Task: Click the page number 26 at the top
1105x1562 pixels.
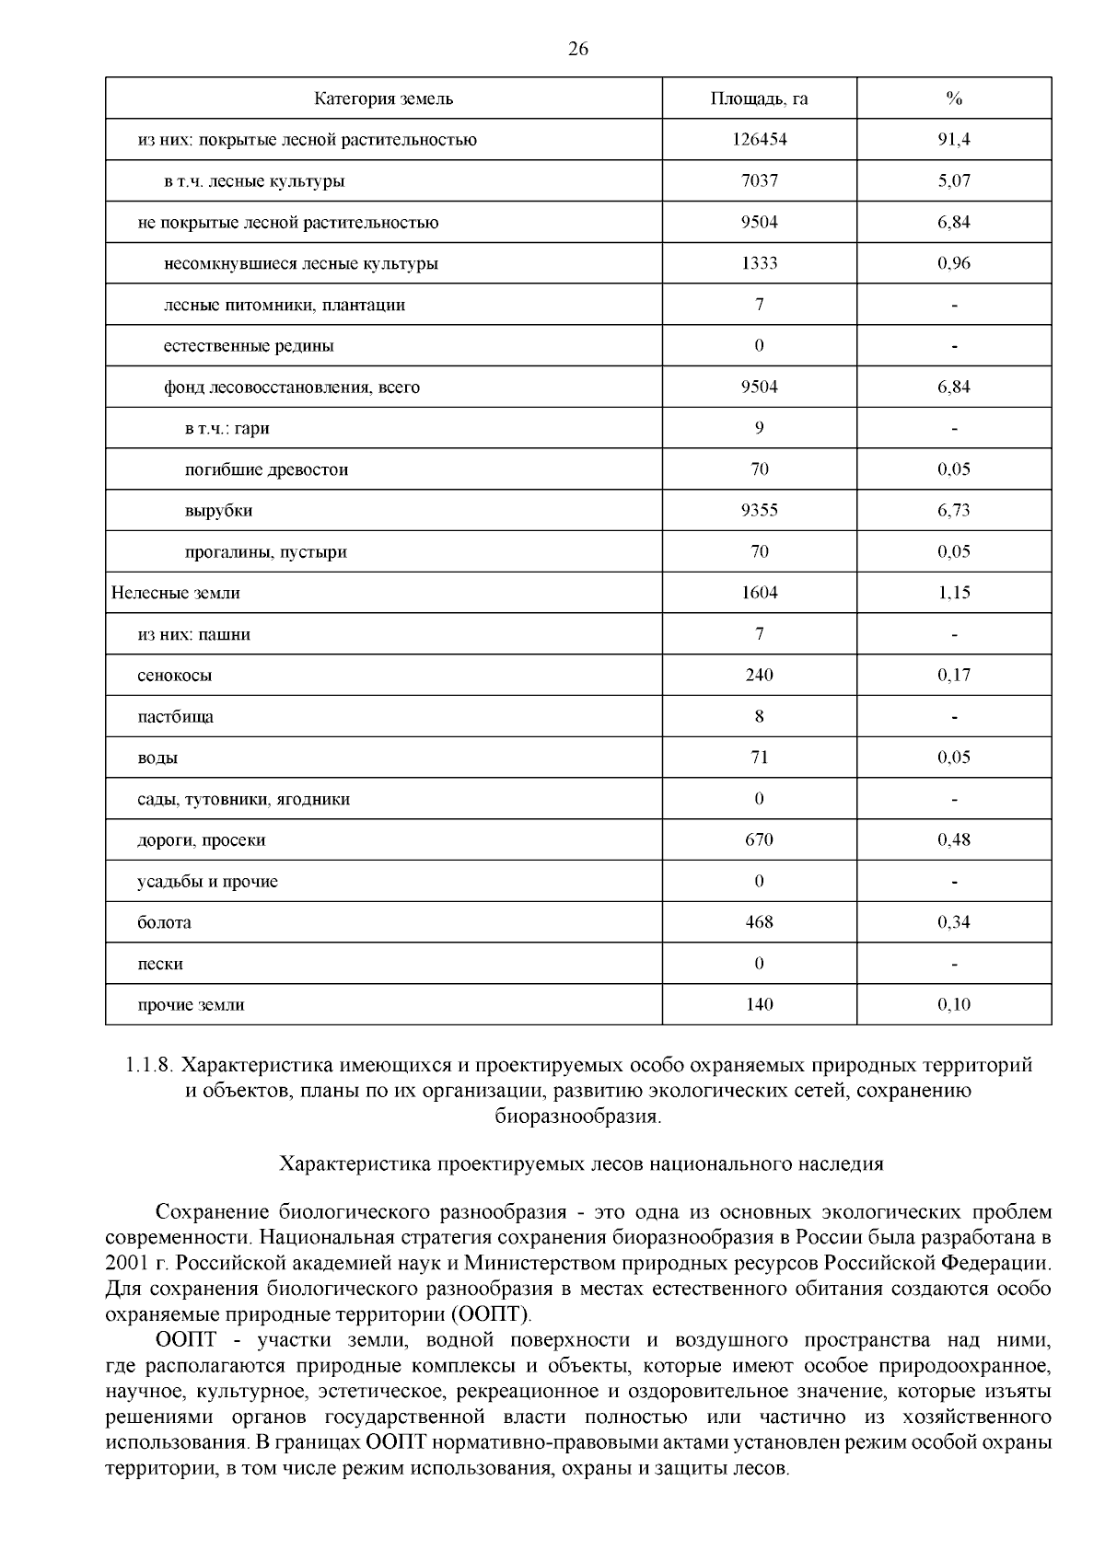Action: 578,50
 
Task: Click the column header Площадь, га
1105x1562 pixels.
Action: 759,98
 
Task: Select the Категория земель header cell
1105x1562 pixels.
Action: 384,98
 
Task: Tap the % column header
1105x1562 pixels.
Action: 954,98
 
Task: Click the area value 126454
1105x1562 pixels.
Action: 759,140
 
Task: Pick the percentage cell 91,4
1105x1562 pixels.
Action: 954,140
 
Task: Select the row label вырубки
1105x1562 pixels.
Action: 218,511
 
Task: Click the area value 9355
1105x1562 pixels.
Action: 759,511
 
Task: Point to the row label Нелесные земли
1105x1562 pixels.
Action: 176,594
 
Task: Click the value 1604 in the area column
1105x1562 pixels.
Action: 759,593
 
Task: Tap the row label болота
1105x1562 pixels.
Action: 164,922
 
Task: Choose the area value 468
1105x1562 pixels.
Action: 759,922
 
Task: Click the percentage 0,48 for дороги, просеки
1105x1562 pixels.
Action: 954,839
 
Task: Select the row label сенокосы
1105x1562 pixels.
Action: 174,676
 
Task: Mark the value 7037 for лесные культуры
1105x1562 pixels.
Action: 759,181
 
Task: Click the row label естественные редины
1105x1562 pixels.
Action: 249,346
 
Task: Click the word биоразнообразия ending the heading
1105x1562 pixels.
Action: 576,1117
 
